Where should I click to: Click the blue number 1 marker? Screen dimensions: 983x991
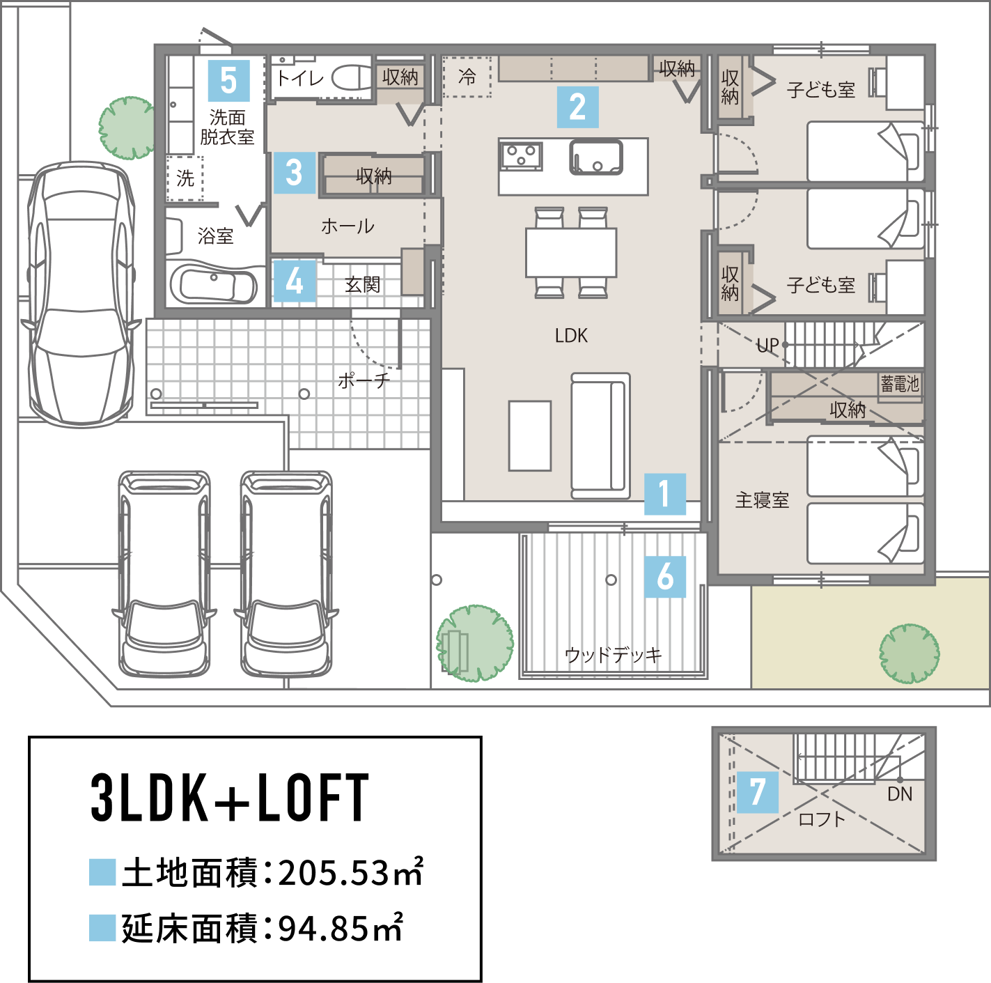pyautogui.click(x=664, y=494)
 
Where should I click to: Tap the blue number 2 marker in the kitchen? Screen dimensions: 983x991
pyautogui.click(x=577, y=107)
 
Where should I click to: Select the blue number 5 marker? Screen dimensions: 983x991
pyautogui.click(x=228, y=81)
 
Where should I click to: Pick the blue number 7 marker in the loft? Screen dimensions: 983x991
pyautogui.click(x=757, y=792)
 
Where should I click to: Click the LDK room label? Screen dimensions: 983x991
pyautogui.click(x=571, y=336)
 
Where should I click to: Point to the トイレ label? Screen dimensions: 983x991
pyautogui.click(x=299, y=78)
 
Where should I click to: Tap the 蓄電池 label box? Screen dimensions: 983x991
pyautogui.click(x=900, y=384)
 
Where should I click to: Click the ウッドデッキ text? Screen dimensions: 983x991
pyautogui.click(x=613, y=655)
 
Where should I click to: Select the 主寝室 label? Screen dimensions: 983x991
pyautogui.click(x=762, y=500)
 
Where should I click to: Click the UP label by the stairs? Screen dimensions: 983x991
pyautogui.click(x=767, y=346)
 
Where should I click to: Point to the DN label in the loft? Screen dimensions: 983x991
pyautogui.click(x=900, y=794)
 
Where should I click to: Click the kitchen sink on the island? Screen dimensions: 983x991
pyautogui.click(x=596, y=157)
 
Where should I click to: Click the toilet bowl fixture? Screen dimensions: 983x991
pyautogui.click(x=353, y=77)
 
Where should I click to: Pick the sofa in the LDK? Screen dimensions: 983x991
pyautogui.click(x=600, y=435)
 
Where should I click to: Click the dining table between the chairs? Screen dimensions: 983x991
pyautogui.click(x=571, y=253)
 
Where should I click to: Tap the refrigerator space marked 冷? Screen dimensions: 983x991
pyautogui.click(x=467, y=77)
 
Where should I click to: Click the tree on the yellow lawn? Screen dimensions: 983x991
pyautogui.click(x=909, y=653)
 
